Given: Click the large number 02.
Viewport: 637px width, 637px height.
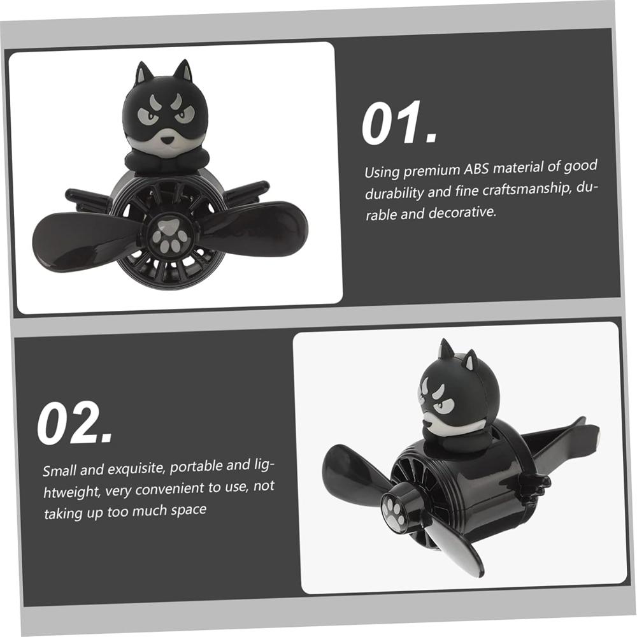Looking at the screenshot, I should (75, 423).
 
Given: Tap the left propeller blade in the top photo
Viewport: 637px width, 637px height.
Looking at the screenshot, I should (86, 242).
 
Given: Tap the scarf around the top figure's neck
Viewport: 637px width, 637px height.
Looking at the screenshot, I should (164, 159).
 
